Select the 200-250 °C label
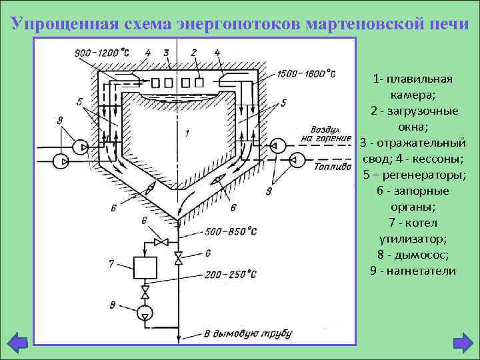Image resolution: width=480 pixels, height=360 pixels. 231,273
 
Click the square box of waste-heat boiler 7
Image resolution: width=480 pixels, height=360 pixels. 144,268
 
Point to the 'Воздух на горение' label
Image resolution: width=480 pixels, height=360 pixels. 327,133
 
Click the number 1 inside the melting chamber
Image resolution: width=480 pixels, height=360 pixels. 187,133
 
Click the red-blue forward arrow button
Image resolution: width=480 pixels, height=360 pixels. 461,343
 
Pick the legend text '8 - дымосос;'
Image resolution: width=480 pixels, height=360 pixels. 413,254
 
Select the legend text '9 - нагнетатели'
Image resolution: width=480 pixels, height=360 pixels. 413,270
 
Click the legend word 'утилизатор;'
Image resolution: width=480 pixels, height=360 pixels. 413,238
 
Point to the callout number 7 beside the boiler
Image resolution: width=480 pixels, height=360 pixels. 112,264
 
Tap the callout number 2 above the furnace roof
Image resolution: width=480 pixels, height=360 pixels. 194,51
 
